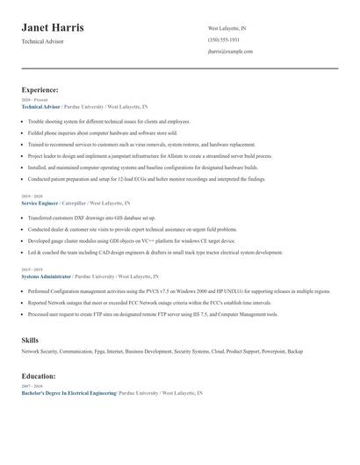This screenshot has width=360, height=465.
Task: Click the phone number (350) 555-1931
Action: point(224,39)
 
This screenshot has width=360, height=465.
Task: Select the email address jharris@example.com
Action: point(231,52)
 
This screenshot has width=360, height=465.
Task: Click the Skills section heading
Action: point(30,339)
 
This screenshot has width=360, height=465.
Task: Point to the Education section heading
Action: point(40,375)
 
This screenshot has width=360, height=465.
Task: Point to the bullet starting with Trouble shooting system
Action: point(108,121)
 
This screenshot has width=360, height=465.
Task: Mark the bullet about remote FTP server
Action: point(153,313)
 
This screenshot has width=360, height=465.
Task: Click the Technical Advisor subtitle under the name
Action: point(43,43)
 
